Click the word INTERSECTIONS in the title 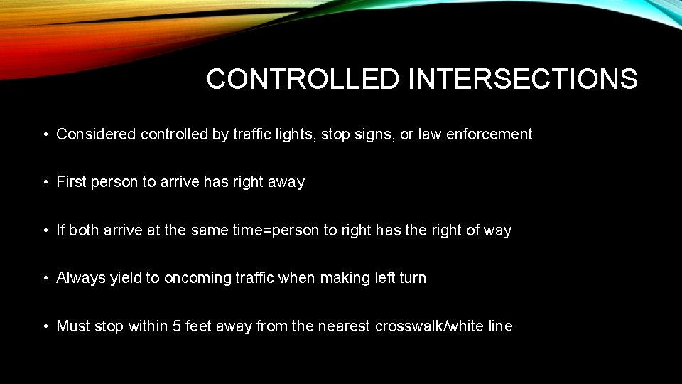click(x=523, y=79)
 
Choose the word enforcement click(x=489, y=134)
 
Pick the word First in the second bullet click(x=71, y=182)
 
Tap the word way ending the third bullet click(x=497, y=230)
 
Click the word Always click(x=81, y=278)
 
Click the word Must click(x=72, y=326)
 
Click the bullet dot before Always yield click(x=45, y=279)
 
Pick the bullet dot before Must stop click(x=45, y=327)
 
